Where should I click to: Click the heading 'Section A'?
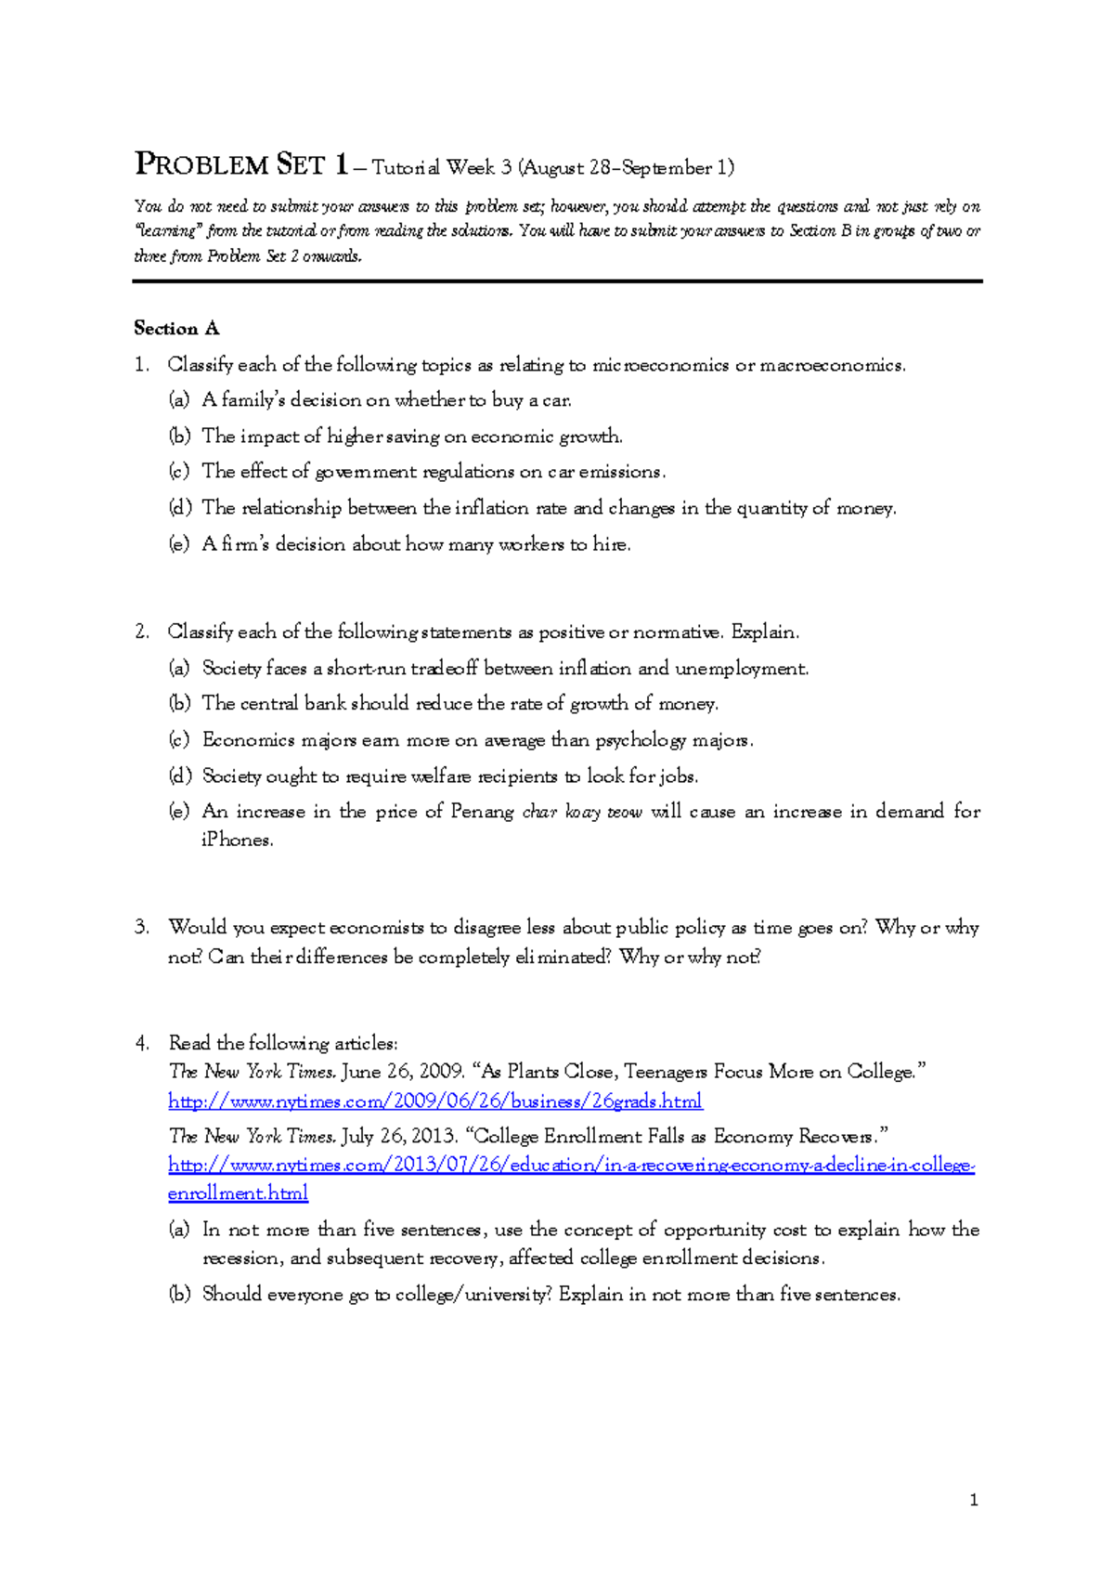coord(176,328)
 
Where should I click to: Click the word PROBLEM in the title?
coord(201,165)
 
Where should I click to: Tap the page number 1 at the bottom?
coord(973,1499)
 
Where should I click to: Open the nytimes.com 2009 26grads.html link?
coord(434,1101)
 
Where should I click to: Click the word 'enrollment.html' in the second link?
coord(238,1193)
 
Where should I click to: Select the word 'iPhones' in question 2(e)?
coord(237,841)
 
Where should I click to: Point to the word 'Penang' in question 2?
coord(482,812)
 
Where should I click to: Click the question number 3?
coord(141,927)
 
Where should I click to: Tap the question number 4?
coord(141,1043)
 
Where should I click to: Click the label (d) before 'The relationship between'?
coord(180,508)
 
